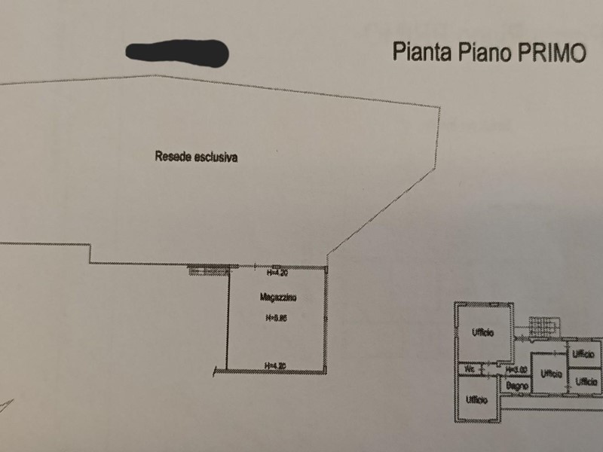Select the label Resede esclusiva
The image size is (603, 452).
point(196,157)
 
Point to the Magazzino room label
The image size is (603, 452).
point(278,298)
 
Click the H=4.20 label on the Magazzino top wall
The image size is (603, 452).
point(277,272)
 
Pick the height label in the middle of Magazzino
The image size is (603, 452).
point(277,319)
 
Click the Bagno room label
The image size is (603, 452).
point(516,386)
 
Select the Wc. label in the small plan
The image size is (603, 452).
point(470,370)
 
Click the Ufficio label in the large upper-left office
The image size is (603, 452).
point(483,334)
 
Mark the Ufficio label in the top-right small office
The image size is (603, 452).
point(583,354)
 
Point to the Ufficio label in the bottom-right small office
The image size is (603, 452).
point(586,382)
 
